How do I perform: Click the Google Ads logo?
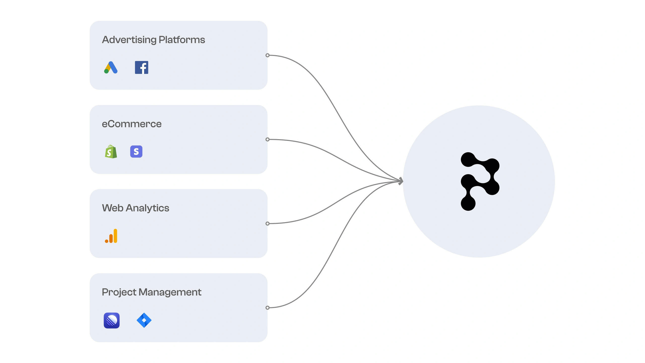111,68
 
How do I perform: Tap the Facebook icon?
142,68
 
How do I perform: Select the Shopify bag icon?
111,152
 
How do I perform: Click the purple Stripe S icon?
136,152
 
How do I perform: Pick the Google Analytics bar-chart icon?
111,236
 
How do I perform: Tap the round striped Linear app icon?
112,320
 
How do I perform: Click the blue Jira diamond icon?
144,320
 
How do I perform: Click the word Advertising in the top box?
129,40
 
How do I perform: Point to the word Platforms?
182,40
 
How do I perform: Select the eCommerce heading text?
132,124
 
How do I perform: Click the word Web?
113,208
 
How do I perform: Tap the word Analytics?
147,208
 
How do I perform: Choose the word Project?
119,292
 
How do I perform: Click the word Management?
170,292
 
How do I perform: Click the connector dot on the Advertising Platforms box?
268,55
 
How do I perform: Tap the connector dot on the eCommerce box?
268,139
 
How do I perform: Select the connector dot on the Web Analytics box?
268,224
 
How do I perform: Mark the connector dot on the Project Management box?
268,308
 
